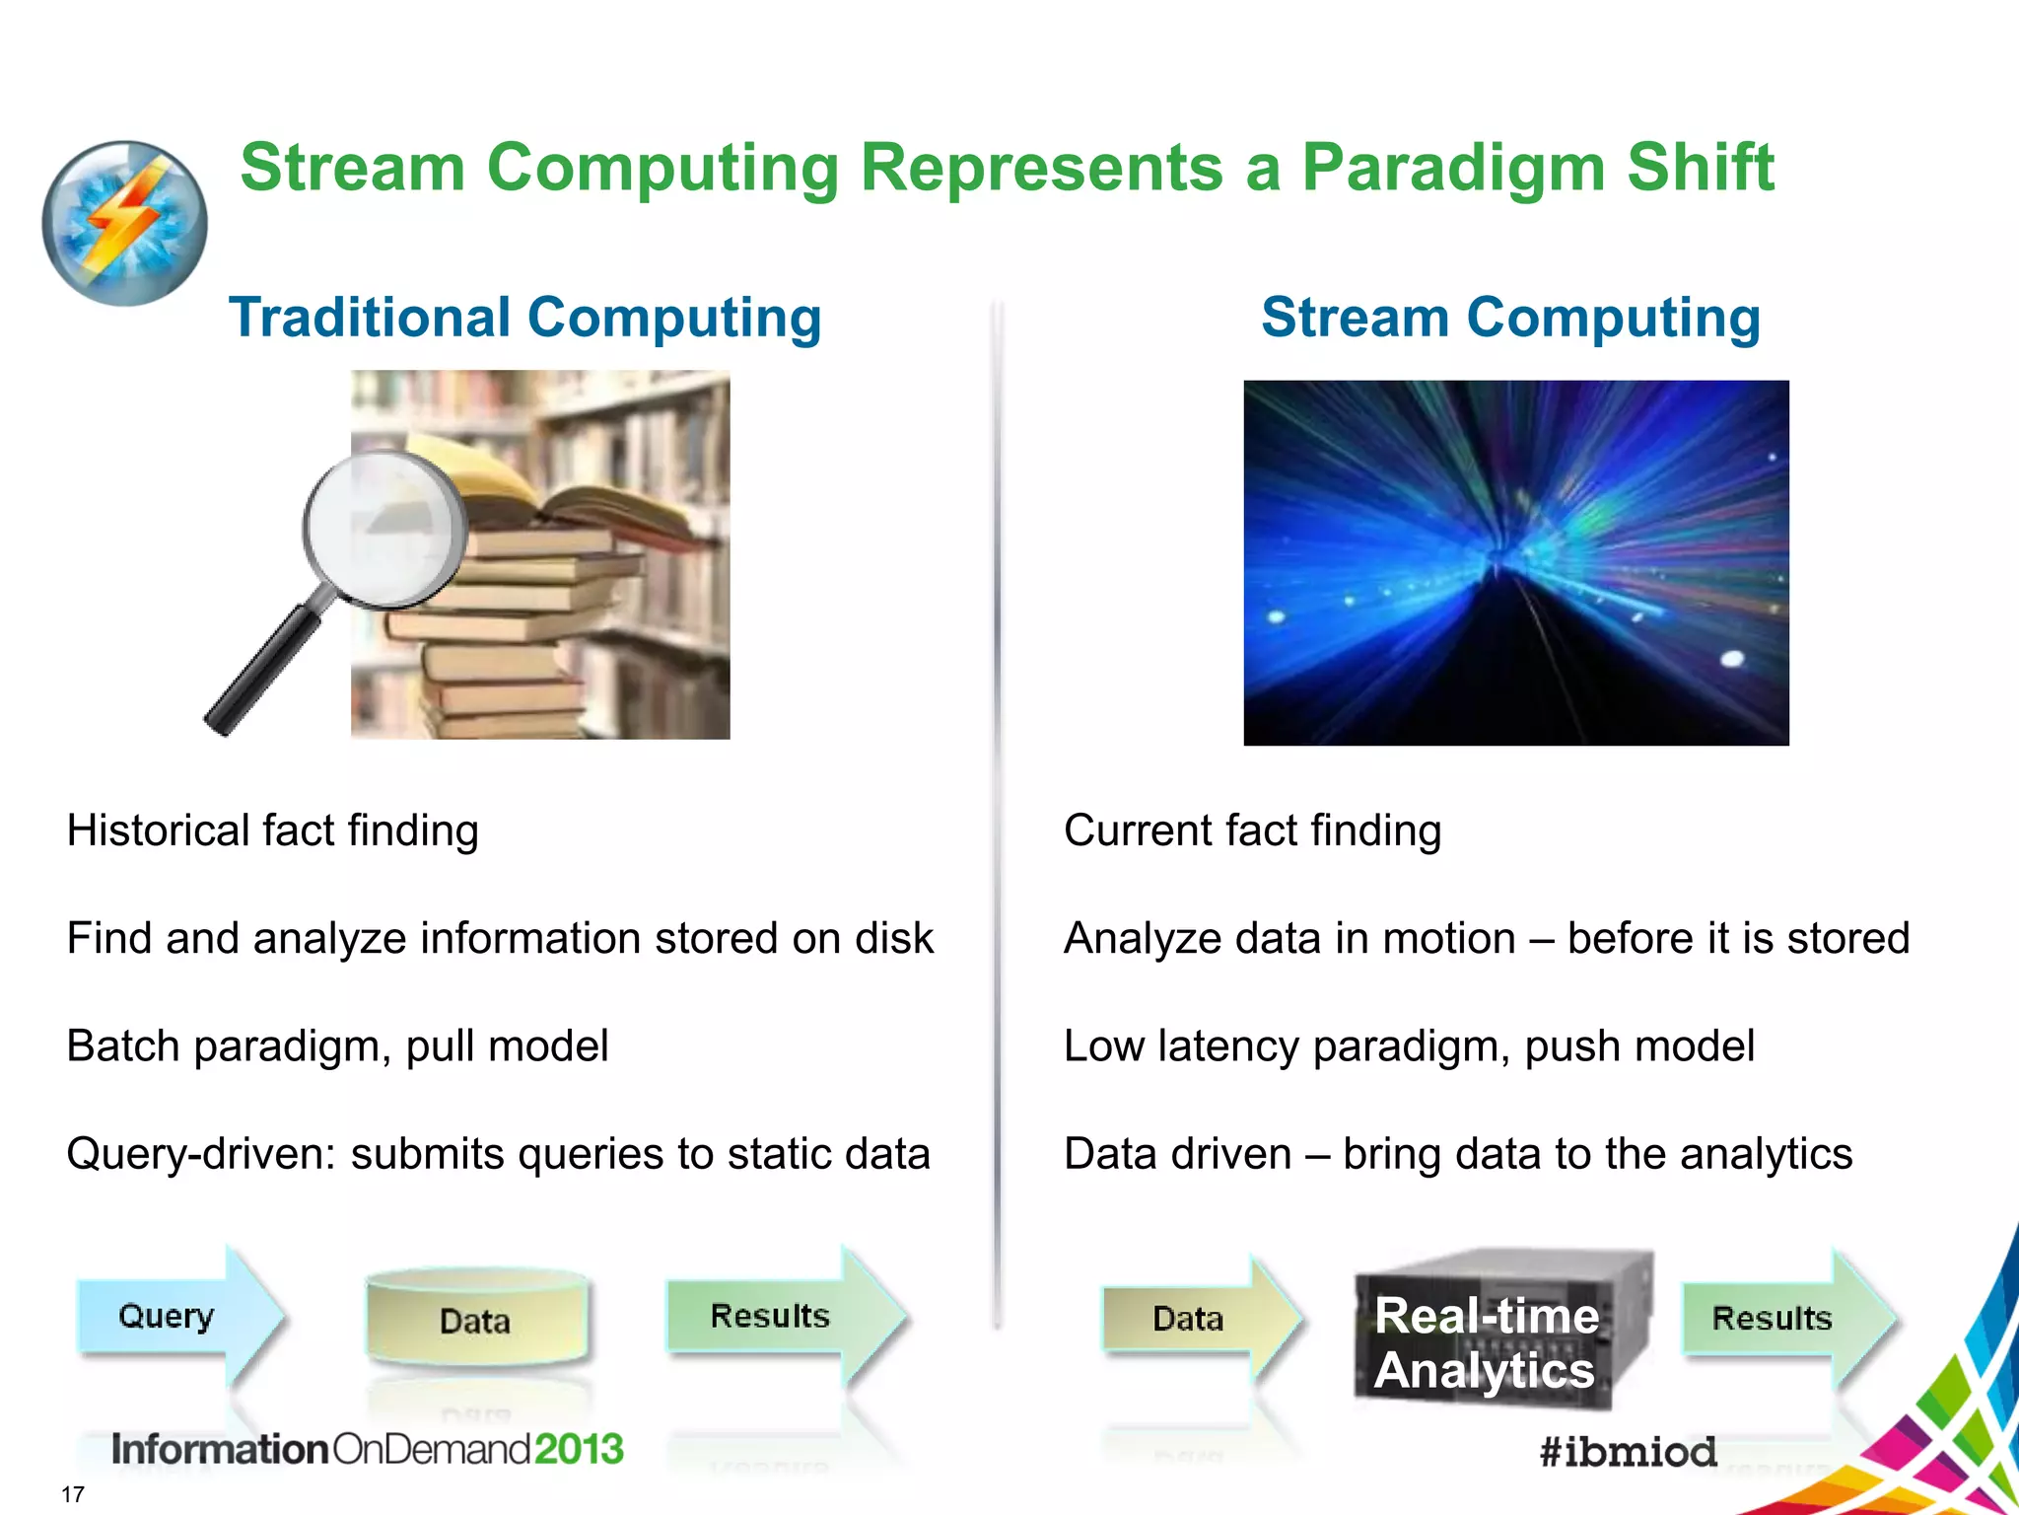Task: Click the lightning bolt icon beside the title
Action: click(x=125, y=223)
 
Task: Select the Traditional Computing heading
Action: click(x=524, y=318)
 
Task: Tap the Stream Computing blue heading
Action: click(x=1510, y=318)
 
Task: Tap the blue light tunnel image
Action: click(x=1515, y=562)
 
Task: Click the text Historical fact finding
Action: click(x=272, y=830)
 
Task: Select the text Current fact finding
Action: click(x=1252, y=830)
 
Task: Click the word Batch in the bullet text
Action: click(x=123, y=1046)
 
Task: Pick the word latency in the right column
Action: click(x=1227, y=1046)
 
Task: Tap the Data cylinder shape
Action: click(x=476, y=1320)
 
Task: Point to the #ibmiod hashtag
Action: click(x=1628, y=1452)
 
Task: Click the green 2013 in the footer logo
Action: click(x=579, y=1449)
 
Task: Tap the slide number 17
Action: click(x=73, y=1494)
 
